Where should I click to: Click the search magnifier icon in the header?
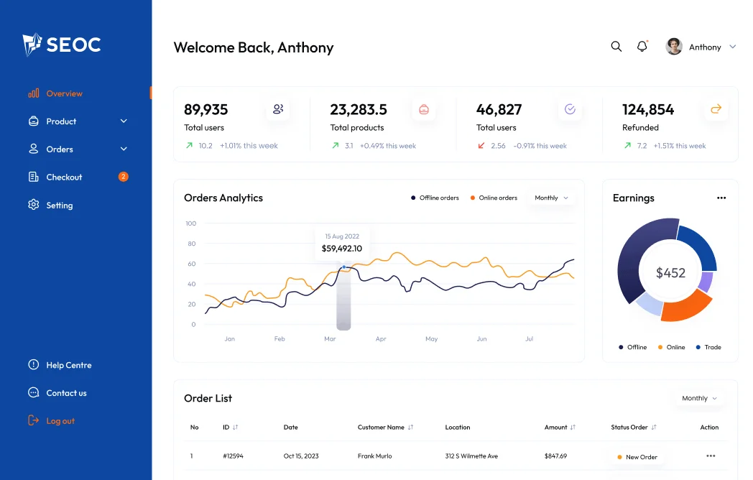click(616, 47)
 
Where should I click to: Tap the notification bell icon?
click(642, 47)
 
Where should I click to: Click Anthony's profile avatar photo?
click(674, 47)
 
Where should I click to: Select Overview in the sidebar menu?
click(64, 93)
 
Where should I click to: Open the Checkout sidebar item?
click(64, 177)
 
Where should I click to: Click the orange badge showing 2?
click(124, 177)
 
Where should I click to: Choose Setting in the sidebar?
click(59, 205)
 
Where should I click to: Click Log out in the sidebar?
click(60, 421)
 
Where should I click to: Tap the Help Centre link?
click(68, 365)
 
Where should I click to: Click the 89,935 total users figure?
click(206, 110)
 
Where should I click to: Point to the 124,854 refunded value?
click(648, 110)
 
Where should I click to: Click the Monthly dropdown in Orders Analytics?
click(551, 198)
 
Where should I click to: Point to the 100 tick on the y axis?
click(190, 223)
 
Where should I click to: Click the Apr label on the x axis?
click(381, 338)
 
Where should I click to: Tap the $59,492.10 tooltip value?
click(342, 249)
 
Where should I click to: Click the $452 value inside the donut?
click(670, 273)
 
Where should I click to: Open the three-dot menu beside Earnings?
click(721, 198)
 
